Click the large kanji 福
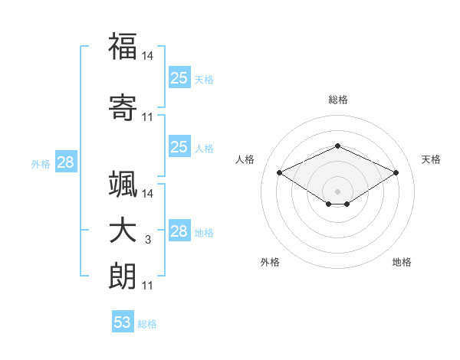pyautogui.click(x=123, y=46)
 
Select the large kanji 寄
pyautogui.click(x=123, y=107)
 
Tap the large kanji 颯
pyautogui.click(x=123, y=184)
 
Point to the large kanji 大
pyautogui.click(x=123, y=231)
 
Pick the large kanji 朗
pyautogui.click(x=123, y=276)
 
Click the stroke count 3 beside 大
pyautogui.click(x=148, y=240)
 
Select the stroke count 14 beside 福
pyautogui.click(x=147, y=56)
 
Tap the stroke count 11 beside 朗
pyautogui.click(x=147, y=286)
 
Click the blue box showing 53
pyautogui.click(x=123, y=321)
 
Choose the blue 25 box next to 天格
pyautogui.click(x=179, y=77)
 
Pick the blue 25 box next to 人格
pyautogui.click(x=179, y=146)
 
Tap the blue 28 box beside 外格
pyautogui.click(x=66, y=162)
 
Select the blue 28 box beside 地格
pyautogui.click(x=179, y=230)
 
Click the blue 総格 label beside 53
pyautogui.click(x=147, y=324)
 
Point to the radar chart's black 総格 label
pyautogui.click(x=338, y=100)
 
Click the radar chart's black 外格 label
pyautogui.click(x=270, y=262)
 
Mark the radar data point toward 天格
pyautogui.click(x=396, y=172)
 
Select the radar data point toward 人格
pyautogui.click(x=279, y=172)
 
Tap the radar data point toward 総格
pyautogui.click(x=337, y=146)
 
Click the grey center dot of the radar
pyautogui.click(x=337, y=191)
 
